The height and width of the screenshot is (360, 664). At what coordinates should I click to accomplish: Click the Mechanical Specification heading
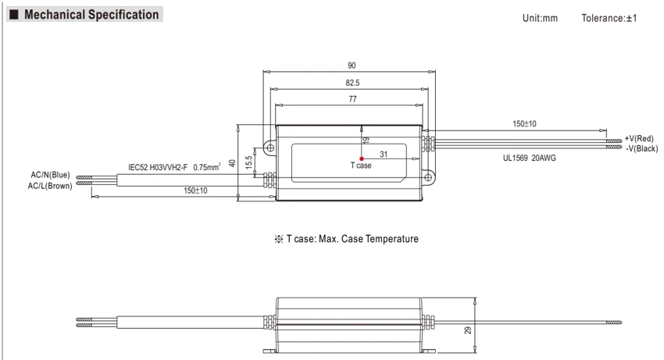[91, 14]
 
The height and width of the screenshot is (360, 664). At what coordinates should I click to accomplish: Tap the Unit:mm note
[540, 18]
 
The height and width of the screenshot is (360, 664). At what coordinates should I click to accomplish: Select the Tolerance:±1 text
[609, 18]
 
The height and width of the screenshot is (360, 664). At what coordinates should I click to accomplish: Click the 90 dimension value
[352, 66]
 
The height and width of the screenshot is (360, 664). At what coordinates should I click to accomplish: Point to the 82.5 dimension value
[352, 83]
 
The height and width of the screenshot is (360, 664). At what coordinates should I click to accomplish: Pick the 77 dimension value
[353, 99]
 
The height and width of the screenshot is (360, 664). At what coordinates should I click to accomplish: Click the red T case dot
[361, 159]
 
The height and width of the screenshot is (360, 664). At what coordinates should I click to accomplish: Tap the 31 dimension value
[384, 154]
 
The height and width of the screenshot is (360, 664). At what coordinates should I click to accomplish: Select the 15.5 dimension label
[248, 162]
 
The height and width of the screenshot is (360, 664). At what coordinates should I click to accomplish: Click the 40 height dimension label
[232, 163]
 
